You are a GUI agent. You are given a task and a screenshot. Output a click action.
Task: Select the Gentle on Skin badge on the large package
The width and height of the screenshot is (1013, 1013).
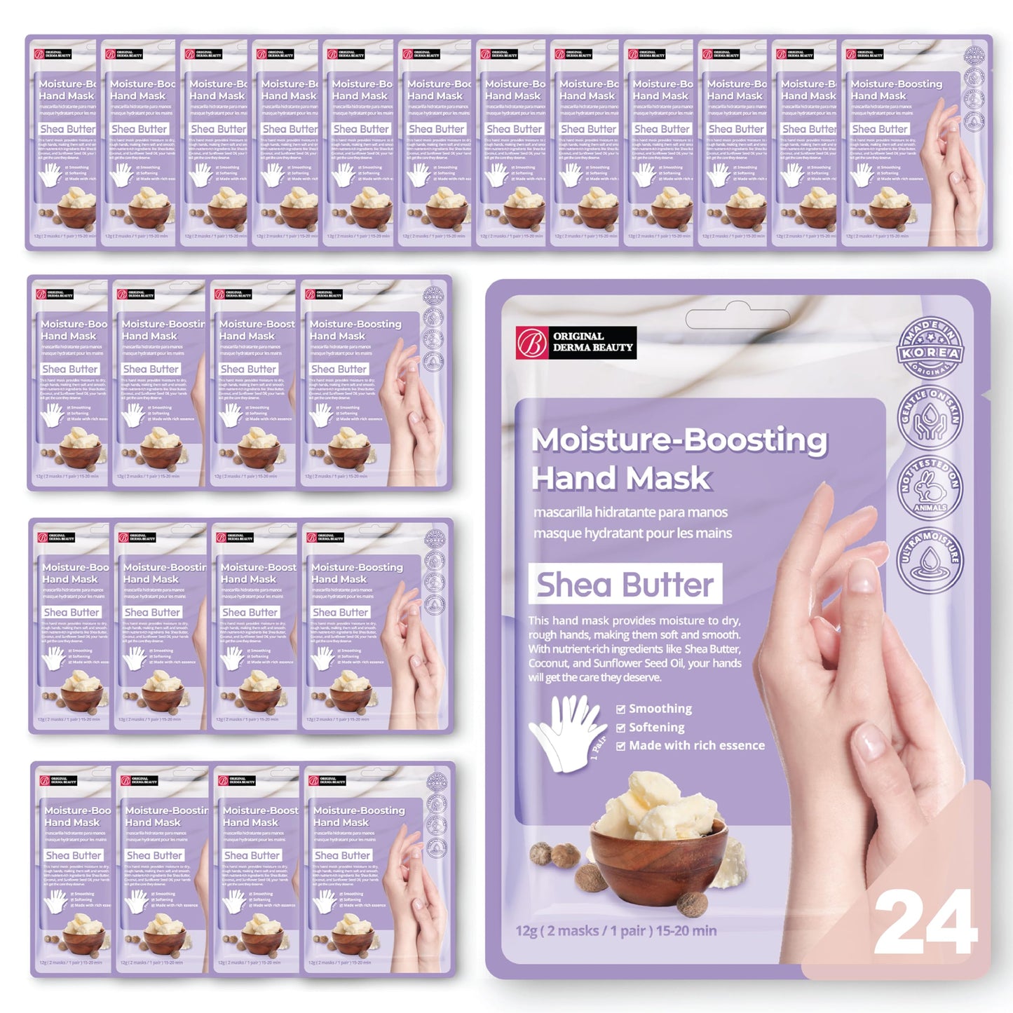point(930,418)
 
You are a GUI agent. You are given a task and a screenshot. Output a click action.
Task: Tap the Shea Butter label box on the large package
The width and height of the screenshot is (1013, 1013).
point(625,584)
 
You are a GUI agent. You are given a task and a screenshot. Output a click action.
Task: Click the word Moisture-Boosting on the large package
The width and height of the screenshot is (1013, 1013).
point(679,440)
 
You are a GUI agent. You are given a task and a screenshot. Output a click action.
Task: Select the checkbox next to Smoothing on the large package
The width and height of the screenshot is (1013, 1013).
point(620,709)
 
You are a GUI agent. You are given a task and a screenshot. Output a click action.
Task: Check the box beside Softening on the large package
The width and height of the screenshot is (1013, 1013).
point(620,728)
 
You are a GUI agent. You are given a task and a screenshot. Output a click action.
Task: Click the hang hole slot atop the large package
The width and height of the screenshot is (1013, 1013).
point(737,319)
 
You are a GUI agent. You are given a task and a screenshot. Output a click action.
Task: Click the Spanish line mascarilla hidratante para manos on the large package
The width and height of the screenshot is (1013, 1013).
point(630,512)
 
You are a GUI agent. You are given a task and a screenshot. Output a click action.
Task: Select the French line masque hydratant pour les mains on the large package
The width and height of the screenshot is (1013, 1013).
point(632,533)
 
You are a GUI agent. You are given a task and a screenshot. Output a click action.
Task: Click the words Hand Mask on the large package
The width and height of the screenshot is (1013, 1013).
point(621,478)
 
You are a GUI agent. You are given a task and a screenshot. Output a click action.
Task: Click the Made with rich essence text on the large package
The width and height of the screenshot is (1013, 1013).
point(697,746)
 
